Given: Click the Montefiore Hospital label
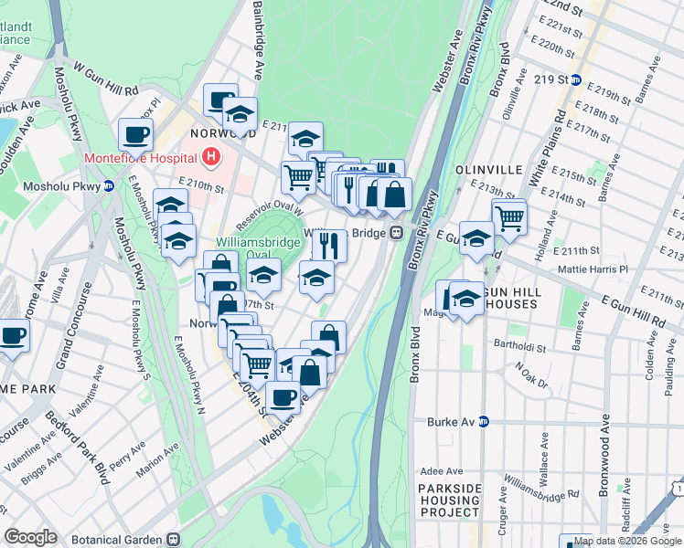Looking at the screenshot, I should tap(143, 157).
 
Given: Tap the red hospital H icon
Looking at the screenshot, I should tap(212, 157).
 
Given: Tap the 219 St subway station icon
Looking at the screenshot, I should tap(576, 79).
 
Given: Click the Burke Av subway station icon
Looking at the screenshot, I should tap(485, 422).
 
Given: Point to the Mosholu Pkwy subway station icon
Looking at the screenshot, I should tap(108, 186).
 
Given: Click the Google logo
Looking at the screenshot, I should tap(31, 537).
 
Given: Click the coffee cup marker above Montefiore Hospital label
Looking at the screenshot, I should tap(135, 134).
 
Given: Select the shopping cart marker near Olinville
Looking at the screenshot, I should tap(509, 217).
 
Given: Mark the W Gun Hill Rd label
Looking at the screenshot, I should tap(105, 79).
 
